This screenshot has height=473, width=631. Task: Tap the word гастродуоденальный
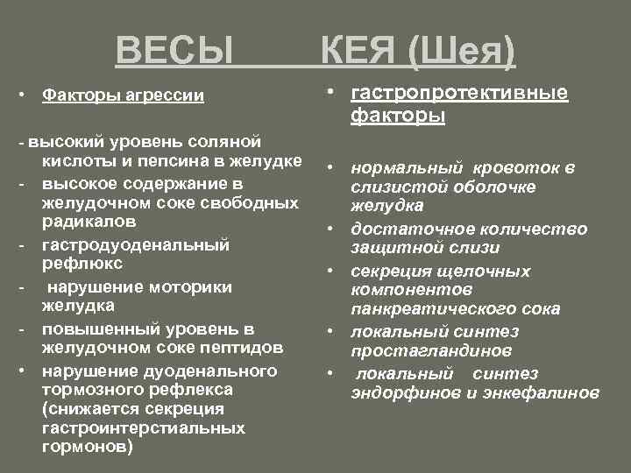coord(136,244)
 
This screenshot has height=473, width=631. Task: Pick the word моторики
coord(188,286)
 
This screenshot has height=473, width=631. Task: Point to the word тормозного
coord(91,388)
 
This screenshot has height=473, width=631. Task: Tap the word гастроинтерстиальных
coord(143,428)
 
